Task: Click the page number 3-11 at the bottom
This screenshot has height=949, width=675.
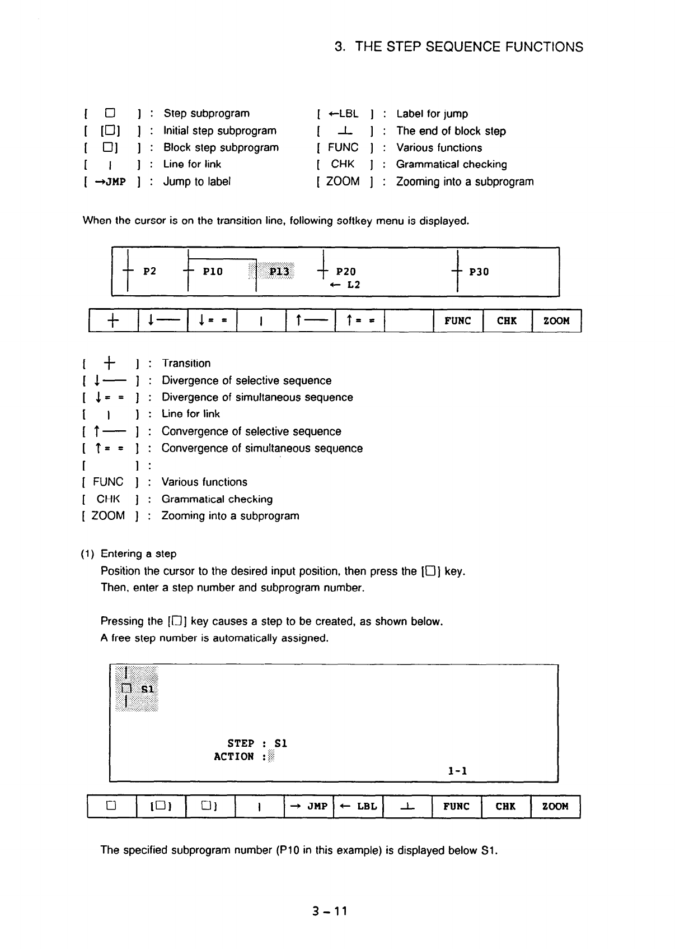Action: [331, 911]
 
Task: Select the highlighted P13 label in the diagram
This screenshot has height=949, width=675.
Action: [279, 272]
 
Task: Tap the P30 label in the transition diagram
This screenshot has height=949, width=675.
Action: [479, 272]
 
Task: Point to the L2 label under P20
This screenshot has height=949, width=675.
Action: [353, 285]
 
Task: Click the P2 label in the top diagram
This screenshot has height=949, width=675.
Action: [149, 272]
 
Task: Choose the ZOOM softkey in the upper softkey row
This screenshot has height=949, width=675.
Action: [556, 321]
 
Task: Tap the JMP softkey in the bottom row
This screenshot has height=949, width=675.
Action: [309, 807]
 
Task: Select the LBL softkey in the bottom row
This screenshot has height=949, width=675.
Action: [358, 807]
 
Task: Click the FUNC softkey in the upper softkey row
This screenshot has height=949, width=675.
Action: [457, 321]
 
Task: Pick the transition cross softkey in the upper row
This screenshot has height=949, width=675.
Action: [112, 321]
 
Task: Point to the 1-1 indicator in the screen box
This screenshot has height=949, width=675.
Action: [457, 771]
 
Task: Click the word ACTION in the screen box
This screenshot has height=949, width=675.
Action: [234, 757]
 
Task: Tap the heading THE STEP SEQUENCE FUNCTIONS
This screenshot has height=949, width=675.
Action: [458, 47]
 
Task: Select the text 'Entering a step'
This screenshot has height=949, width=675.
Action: [138, 553]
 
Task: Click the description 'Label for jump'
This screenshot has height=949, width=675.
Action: [432, 114]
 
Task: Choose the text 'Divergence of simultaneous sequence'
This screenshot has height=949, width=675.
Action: [257, 397]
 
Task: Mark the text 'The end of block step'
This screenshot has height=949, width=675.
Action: [451, 131]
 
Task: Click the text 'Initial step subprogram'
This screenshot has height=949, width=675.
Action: [220, 131]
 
